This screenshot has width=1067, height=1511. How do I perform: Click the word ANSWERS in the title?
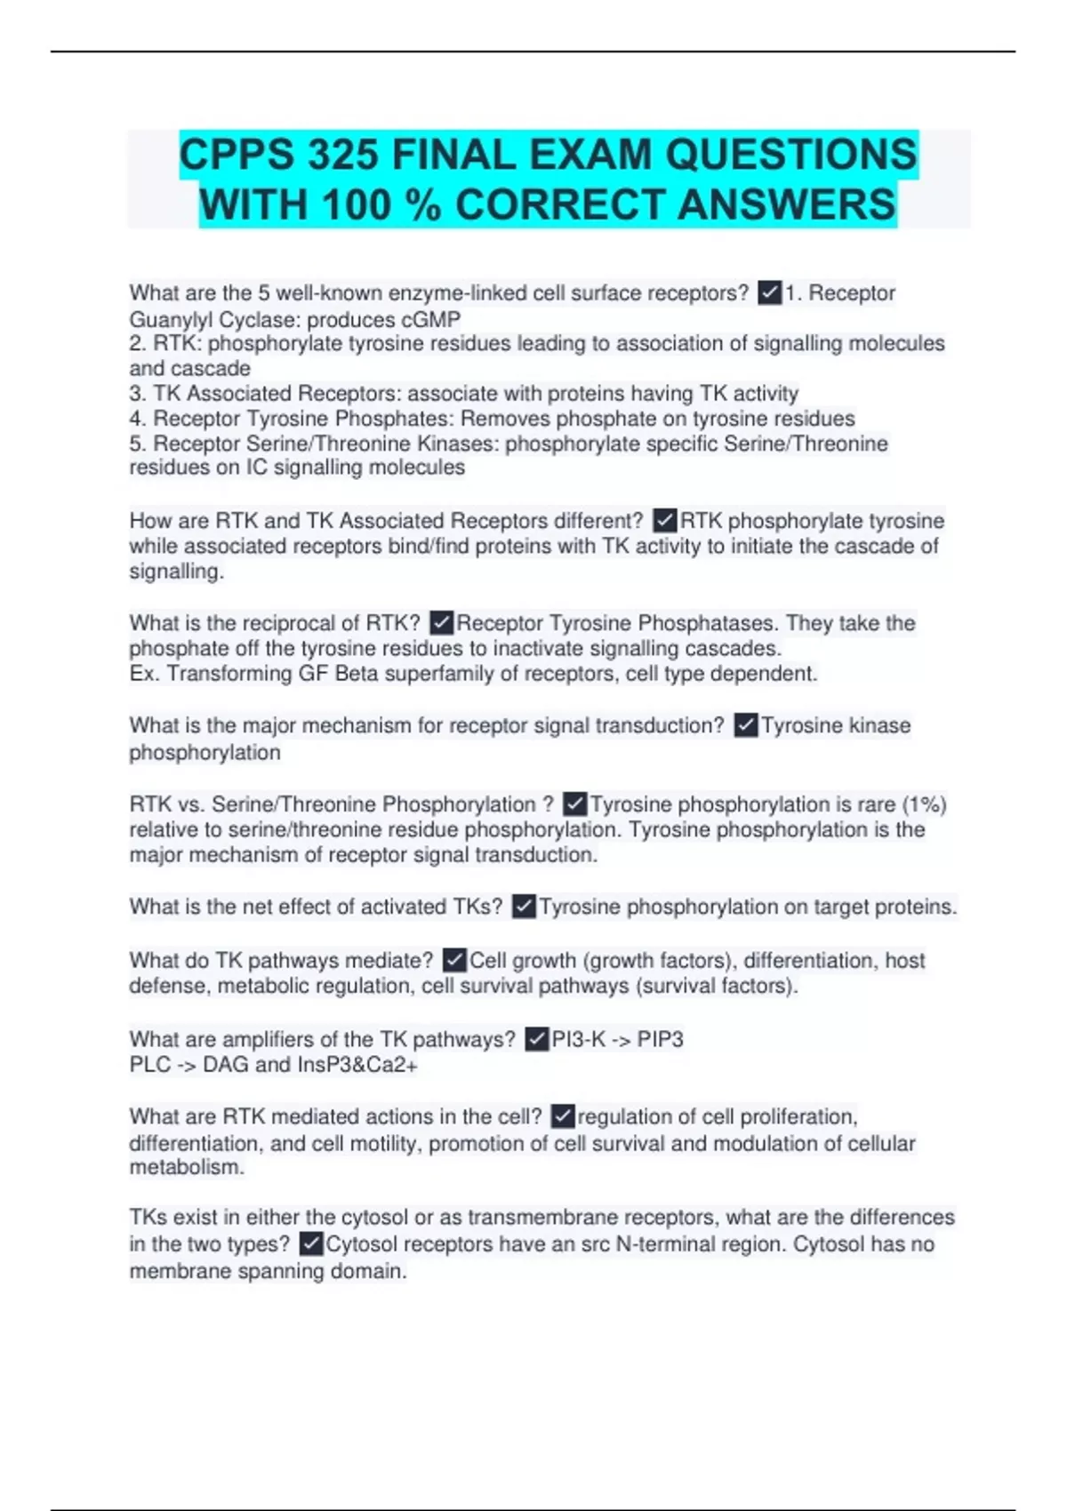click(x=786, y=204)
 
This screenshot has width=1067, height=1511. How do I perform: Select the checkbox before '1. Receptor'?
click(x=769, y=292)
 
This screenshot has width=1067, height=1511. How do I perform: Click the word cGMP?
click(x=431, y=319)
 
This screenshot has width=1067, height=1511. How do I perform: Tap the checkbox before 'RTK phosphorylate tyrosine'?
click(x=665, y=520)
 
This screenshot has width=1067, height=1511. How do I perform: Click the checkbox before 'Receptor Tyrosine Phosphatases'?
click(x=442, y=623)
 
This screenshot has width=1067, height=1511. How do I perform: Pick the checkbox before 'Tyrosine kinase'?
click(x=746, y=725)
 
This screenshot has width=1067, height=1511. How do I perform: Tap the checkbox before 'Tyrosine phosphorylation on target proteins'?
click(x=524, y=907)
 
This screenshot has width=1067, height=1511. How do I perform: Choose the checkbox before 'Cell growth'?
click(x=454, y=960)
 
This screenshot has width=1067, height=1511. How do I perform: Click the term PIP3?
click(x=661, y=1039)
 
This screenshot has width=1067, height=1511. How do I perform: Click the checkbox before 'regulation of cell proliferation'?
click(x=563, y=1116)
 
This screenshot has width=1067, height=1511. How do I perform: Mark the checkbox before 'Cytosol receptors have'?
click(x=311, y=1243)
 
